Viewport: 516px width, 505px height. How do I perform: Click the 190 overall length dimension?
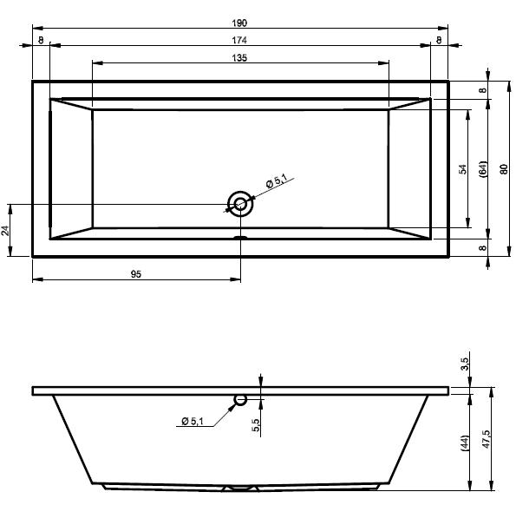click(x=239, y=23)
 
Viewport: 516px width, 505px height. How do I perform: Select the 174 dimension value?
click(x=239, y=40)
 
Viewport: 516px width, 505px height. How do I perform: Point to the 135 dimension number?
click(x=239, y=58)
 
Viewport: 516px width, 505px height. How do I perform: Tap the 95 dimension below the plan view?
click(x=136, y=274)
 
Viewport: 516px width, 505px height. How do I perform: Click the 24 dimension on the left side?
click(x=5, y=231)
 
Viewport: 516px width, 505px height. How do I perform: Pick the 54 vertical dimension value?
click(x=463, y=169)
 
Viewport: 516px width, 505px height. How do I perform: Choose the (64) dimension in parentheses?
click(x=483, y=169)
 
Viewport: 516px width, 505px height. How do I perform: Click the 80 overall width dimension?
click(x=504, y=169)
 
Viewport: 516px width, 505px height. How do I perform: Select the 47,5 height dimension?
click(x=486, y=439)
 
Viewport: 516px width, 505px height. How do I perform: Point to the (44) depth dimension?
click(x=465, y=443)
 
